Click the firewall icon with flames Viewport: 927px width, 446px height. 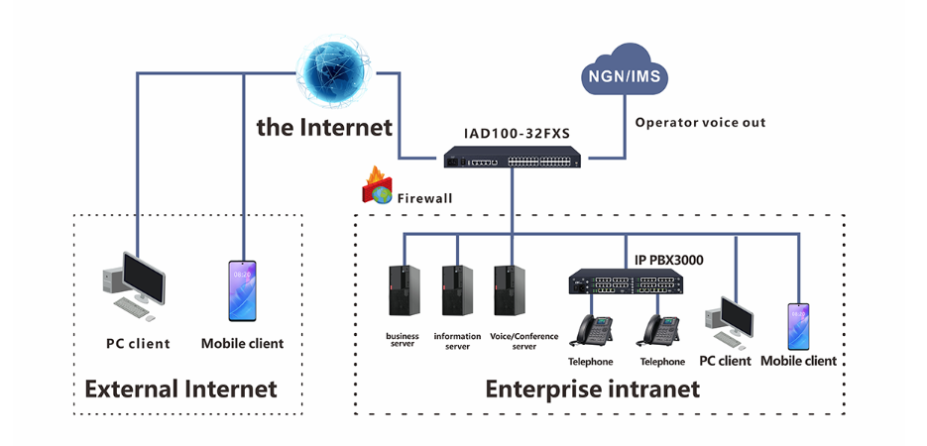pos(378,186)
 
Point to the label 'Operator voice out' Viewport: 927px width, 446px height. pos(700,123)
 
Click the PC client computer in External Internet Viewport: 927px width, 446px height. pos(132,285)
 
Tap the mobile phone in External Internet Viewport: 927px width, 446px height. pos(242,290)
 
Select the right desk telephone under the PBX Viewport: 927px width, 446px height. pos(661,331)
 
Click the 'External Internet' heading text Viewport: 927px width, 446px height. pos(180,389)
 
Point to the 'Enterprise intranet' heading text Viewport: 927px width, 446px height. pos(592,389)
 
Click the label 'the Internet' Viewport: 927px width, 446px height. pos(323,127)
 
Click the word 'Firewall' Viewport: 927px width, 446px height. pos(424,198)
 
